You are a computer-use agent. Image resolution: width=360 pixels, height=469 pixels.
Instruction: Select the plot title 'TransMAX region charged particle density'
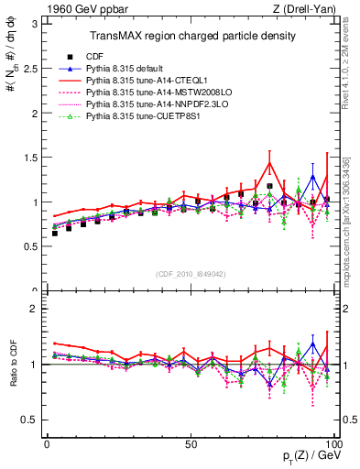pyautogui.click(x=191, y=36)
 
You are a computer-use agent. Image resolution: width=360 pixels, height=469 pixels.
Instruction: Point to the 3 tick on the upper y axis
pyautogui.click(x=34, y=22)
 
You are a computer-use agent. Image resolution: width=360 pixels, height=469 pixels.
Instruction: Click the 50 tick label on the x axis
pyautogui.click(x=190, y=442)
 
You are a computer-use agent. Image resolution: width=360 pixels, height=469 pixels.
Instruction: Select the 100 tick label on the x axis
pyautogui.click(x=332, y=442)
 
